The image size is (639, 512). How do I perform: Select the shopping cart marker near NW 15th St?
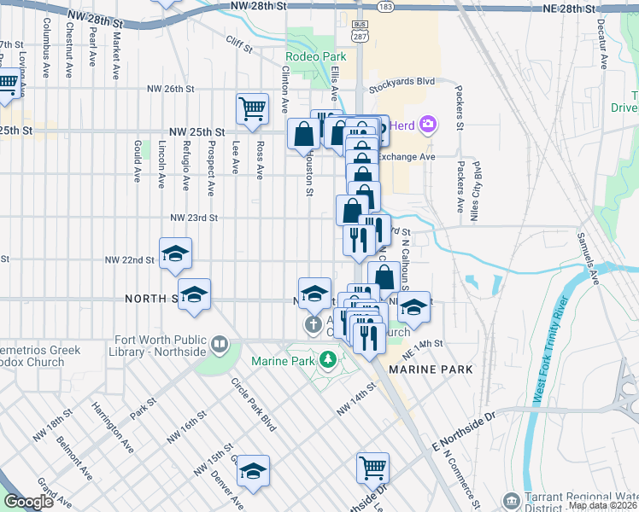click(x=372, y=468)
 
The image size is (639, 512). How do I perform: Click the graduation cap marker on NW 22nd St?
click(x=176, y=254)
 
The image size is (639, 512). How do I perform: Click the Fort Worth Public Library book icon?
click(x=220, y=345)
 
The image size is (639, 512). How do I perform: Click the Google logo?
click(x=28, y=502)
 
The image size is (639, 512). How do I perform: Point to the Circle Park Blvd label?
click(x=255, y=400)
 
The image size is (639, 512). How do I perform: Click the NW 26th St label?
click(x=178, y=88)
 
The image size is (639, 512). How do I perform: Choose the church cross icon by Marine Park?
click(x=313, y=325)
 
